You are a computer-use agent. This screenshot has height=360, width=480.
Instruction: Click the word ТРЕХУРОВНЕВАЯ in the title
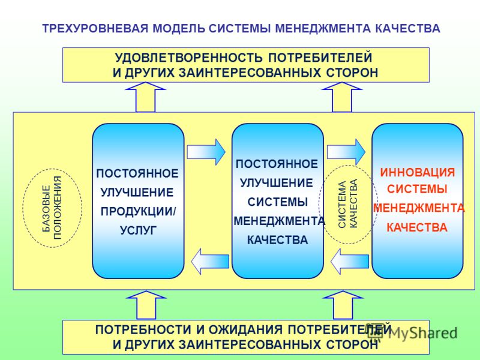[95, 28]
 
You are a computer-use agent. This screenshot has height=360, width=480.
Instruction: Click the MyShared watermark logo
[412, 332]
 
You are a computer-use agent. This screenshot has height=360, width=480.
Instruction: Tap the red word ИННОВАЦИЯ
[417, 172]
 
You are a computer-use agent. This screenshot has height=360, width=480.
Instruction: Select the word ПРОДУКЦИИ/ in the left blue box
[139, 212]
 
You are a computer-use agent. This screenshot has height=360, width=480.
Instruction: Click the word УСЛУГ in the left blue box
[138, 230]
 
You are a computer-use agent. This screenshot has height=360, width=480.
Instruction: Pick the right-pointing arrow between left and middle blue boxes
[206, 152]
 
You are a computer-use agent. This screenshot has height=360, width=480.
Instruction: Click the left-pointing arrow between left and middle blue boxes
[210, 261]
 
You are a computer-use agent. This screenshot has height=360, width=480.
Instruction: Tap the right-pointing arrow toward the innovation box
[346, 152]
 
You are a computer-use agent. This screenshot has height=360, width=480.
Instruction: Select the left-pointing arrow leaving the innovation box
[350, 261]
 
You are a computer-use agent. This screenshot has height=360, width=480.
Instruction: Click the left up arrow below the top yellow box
[145, 97]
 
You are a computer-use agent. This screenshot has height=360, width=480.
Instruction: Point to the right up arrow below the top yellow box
[342, 97]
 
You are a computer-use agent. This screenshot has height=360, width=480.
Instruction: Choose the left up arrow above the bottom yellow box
[146, 305]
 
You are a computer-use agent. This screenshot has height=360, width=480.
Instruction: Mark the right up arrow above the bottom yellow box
[343, 305]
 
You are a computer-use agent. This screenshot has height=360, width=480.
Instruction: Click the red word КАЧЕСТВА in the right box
[417, 228]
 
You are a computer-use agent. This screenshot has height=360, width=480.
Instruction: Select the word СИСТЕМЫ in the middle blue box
[278, 202]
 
